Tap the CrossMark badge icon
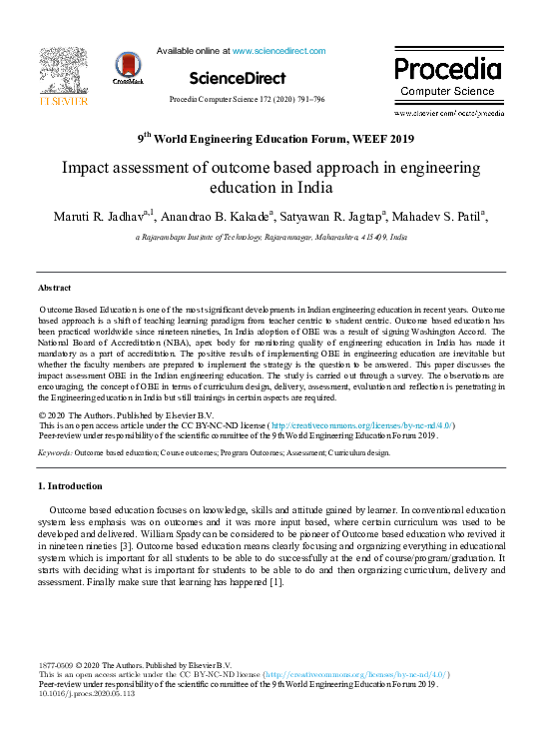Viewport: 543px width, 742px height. [x=128, y=67]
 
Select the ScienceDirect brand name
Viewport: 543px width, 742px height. [x=237, y=78]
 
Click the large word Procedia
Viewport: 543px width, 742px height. [x=447, y=69]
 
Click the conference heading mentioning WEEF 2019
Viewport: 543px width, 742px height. [x=274, y=139]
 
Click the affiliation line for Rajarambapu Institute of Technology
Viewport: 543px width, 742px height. [x=271, y=238]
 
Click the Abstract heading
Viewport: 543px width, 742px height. [x=55, y=288]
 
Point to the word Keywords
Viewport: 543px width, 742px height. [x=55, y=452]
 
